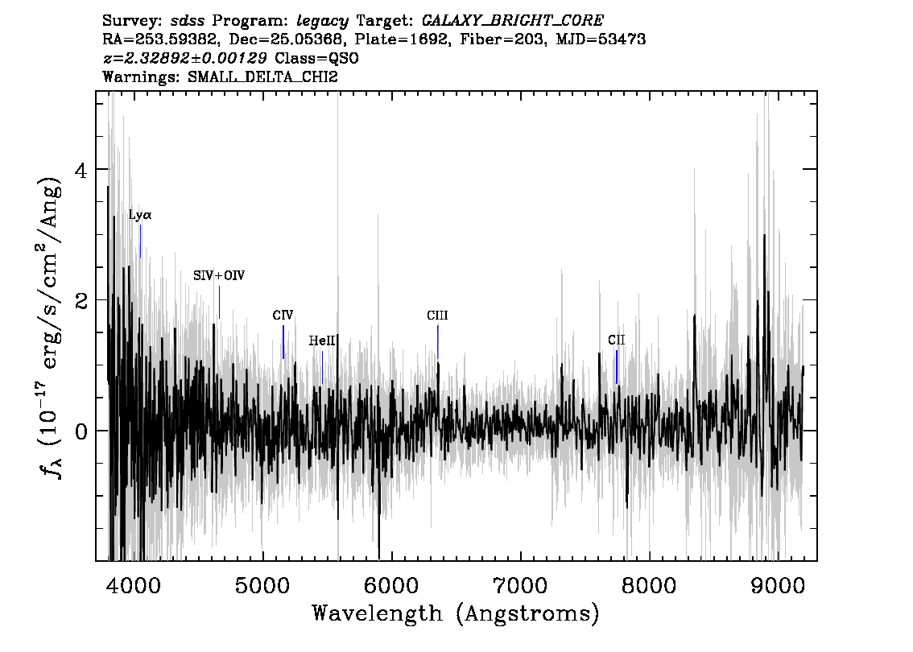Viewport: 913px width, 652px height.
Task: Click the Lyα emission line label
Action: [140, 215]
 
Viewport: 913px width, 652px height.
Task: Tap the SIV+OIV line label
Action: [219, 275]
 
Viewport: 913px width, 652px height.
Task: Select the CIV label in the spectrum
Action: [283, 316]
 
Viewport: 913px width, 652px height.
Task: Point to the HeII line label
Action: [322, 340]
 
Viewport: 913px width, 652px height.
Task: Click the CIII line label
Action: [437, 316]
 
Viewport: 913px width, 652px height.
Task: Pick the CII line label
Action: [616, 340]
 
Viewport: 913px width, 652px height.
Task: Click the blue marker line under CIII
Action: [438, 342]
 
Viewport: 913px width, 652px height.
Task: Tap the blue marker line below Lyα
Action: [140, 241]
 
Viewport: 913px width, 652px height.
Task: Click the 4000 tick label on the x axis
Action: [134, 585]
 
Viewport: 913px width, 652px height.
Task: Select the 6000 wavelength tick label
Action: [391, 585]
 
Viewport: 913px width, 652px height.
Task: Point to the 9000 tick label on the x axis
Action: [777, 585]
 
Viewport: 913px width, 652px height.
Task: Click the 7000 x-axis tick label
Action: [520, 585]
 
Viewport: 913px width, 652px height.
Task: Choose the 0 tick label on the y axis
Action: [82, 431]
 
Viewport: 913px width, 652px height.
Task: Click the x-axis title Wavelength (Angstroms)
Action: [456, 613]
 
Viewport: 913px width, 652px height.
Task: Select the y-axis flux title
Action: [51, 326]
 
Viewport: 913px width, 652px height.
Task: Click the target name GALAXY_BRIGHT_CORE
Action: [512, 21]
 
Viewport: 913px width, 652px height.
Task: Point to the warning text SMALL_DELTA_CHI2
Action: [262, 76]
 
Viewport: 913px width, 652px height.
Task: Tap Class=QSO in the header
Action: [316, 58]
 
